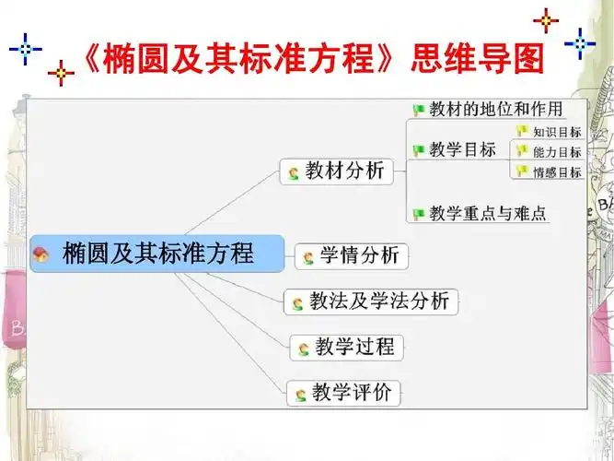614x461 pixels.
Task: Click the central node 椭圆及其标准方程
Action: (157, 253)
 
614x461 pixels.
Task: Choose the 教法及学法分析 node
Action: (371, 301)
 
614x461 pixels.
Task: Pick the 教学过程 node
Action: (346, 348)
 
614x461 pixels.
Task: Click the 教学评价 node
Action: (344, 394)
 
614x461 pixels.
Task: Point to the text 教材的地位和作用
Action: (495, 110)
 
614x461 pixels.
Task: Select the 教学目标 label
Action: (462, 149)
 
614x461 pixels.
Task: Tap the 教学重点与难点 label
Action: (488, 214)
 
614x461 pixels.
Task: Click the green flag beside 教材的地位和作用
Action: (419, 111)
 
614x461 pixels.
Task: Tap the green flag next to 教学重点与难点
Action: (419, 215)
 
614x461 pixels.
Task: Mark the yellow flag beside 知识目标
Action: (523, 133)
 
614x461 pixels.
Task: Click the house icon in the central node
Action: (41, 254)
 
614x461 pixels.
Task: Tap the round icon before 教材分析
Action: (294, 172)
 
